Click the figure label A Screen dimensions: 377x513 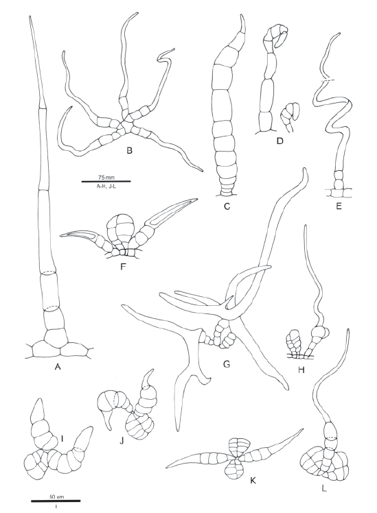click(58, 367)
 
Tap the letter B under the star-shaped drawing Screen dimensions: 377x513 click(129, 150)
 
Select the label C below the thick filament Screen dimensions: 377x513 click(227, 206)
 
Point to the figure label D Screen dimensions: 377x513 click(279, 141)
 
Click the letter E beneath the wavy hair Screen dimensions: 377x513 click(339, 206)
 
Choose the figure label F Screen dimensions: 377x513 click(123, 267)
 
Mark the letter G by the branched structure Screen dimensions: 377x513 click(227, 363)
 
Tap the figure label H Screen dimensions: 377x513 click(301, 370)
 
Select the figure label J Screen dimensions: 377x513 click(122, 441)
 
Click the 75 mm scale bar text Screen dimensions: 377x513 click(106, 178)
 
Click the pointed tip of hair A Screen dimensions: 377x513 click(30, 16)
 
